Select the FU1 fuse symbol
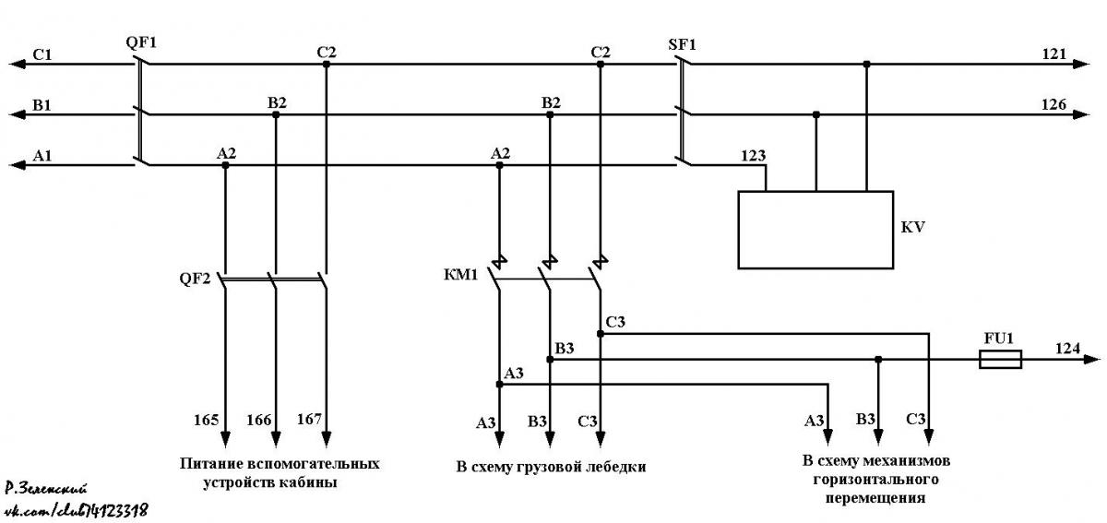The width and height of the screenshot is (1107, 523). coord(1000,360)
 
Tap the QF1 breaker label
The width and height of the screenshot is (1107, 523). coord(141,42)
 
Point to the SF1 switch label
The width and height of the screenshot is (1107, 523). coord(682,45)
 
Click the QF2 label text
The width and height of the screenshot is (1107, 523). coord(195,279)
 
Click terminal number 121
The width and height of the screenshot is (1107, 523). coord(1054,53)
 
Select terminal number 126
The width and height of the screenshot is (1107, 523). coord(1054,104)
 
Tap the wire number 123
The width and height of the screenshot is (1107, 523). coord(753,156)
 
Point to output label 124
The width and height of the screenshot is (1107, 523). coord(1067,349)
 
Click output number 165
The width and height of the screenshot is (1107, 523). coord(206,421)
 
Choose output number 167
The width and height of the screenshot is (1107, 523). coord(309,419)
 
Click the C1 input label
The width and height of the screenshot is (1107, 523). coord(42,54)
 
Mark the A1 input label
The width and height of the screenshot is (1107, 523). coord(42,156)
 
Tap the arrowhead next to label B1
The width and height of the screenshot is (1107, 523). coord(18,114)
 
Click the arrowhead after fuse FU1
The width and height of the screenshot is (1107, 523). coord(1091,360)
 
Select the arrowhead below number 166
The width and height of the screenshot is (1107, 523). coord(276,438)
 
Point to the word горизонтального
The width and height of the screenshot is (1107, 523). coord(875,479)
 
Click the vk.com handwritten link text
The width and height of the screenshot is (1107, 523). coord(77,509)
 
